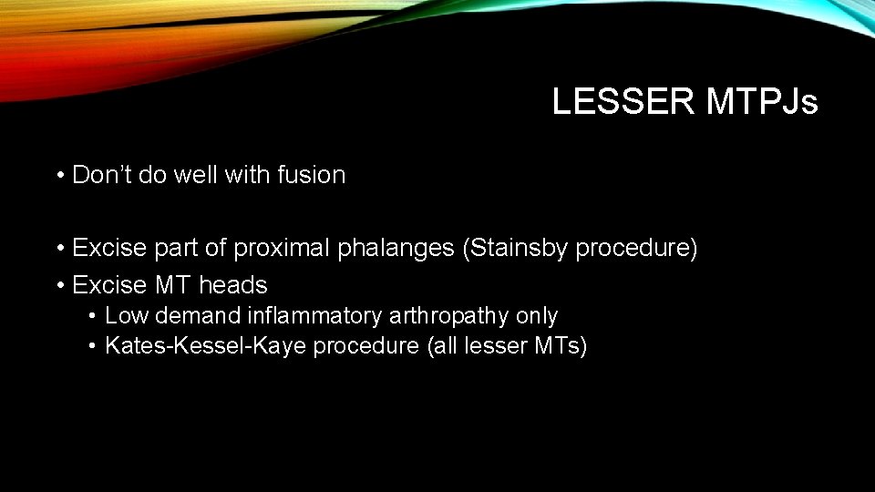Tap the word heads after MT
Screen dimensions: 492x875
pos(233,285)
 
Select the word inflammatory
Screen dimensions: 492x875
pos(269,316)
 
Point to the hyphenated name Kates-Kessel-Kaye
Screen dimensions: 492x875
pos(206,346)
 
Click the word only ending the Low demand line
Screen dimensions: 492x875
pos(537,316)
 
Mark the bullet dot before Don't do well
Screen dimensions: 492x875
pos(58,175)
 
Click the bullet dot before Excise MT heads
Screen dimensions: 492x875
pos(58,285)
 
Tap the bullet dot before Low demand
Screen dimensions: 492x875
pos(93,316)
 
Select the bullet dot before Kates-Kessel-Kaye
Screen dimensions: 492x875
pos(93,346)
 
